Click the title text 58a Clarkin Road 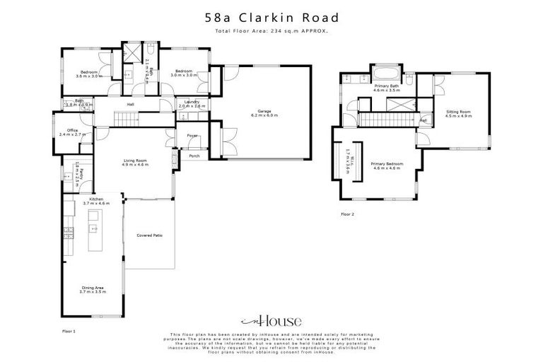(271, 18)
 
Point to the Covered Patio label (149, 235)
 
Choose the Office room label (72, 132)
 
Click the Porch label (194, 156)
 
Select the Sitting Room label (458, 114)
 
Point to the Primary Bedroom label (387, 165)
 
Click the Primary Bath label (387, 88)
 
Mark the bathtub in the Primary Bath (386, 74)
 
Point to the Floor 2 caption (347, 213)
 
